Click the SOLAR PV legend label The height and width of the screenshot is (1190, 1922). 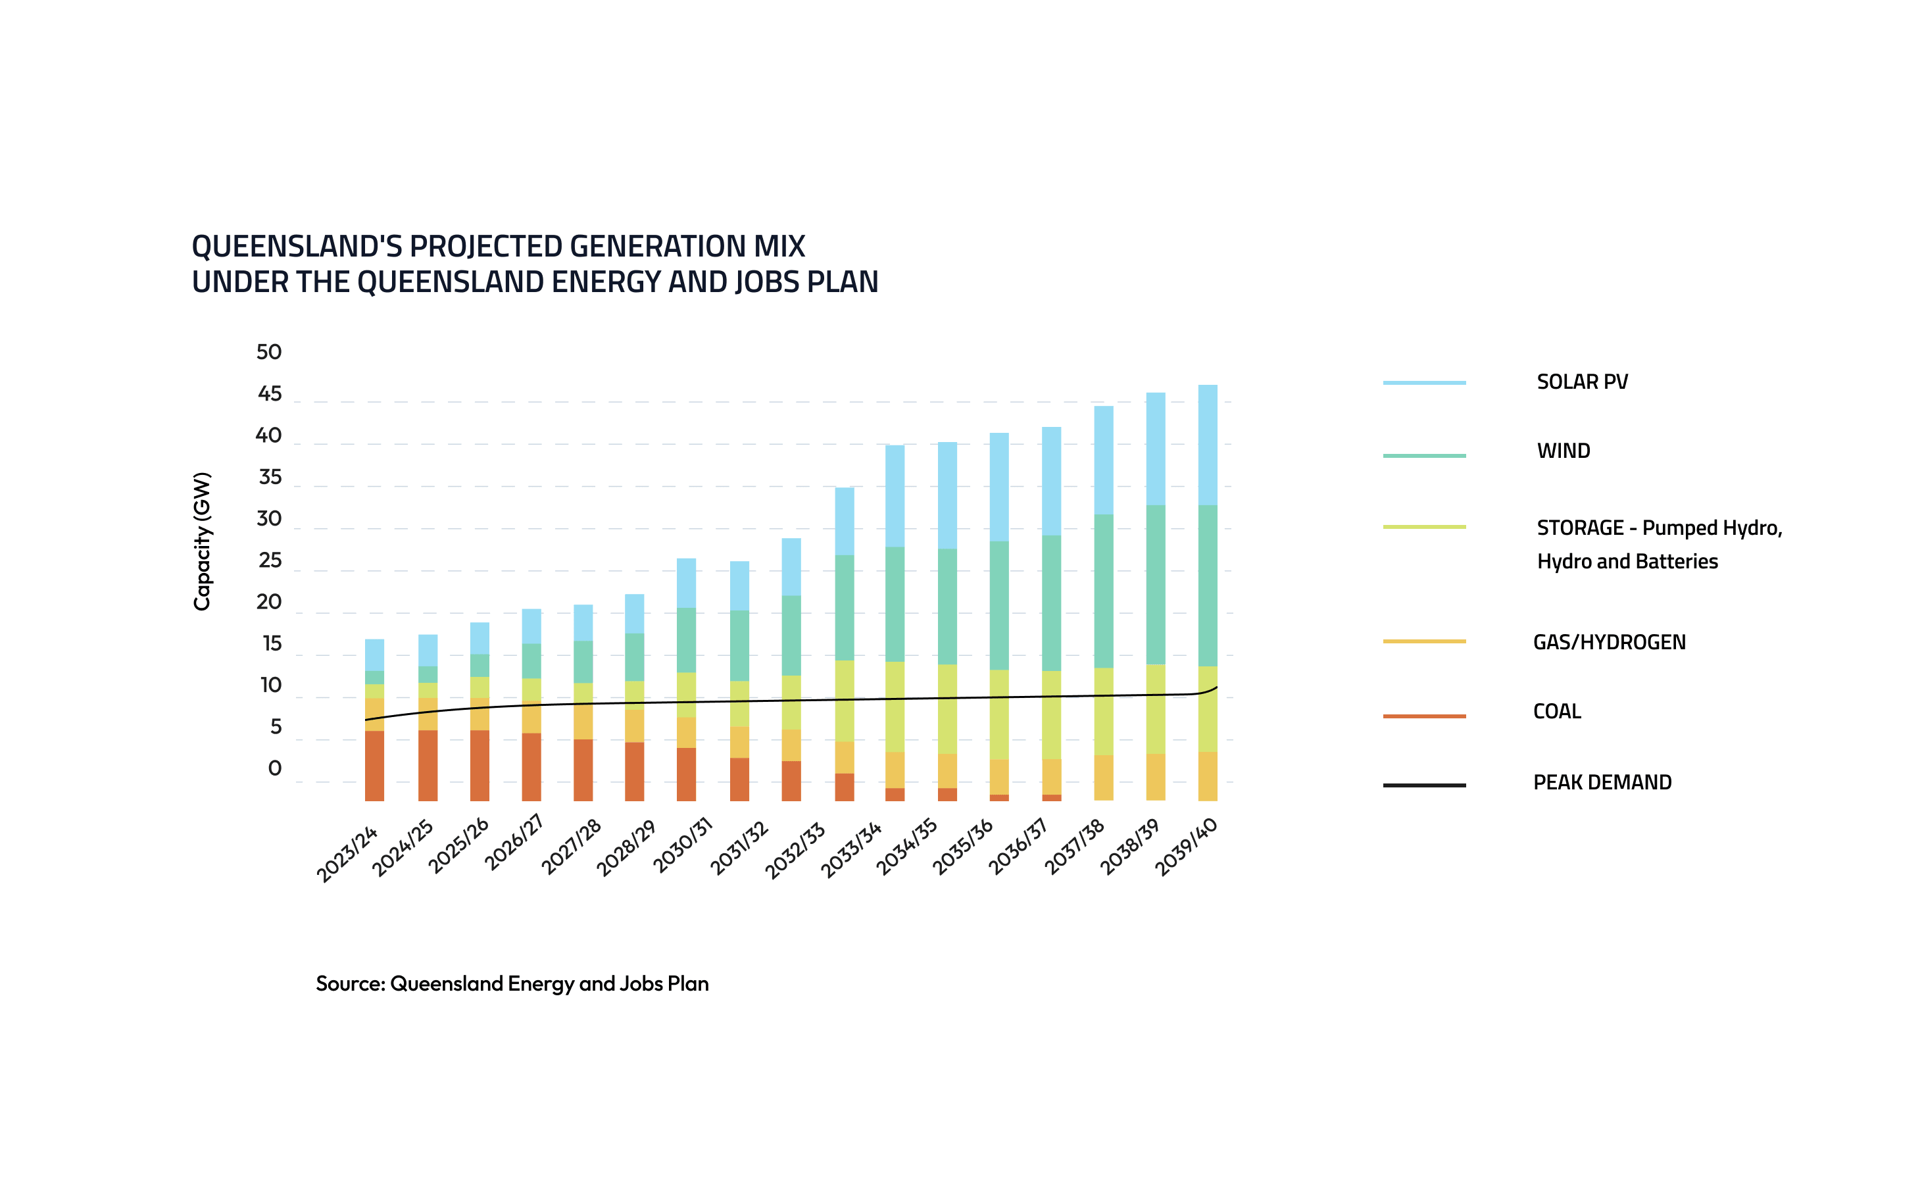point(1581,382)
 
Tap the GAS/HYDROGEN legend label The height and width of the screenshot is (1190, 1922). point(1609,642)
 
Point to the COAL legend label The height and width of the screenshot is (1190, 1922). point(1556,712)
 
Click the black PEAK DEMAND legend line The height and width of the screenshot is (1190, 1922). point(1423,785)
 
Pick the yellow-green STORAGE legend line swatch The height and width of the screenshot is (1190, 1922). point(1423,526)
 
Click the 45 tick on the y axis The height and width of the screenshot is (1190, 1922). point(269,393)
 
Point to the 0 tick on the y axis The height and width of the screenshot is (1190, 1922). point(274,768)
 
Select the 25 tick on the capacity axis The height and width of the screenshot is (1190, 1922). point(269,560)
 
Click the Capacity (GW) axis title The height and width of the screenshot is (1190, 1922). point(202,541)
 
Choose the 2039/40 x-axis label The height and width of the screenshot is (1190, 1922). point(1187,847)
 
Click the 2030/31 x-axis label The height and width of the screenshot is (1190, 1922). point(683,846)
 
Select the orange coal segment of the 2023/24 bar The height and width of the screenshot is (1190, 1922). point(374,765)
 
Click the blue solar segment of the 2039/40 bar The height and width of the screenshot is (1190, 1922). point(1207,445)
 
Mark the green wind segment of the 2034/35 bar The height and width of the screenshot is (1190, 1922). point(947,606)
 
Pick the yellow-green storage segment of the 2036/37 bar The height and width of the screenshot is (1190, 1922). point(1051,714)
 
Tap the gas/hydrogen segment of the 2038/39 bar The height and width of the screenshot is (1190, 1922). point(1155,776)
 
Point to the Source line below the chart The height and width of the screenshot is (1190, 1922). point(512,984)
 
